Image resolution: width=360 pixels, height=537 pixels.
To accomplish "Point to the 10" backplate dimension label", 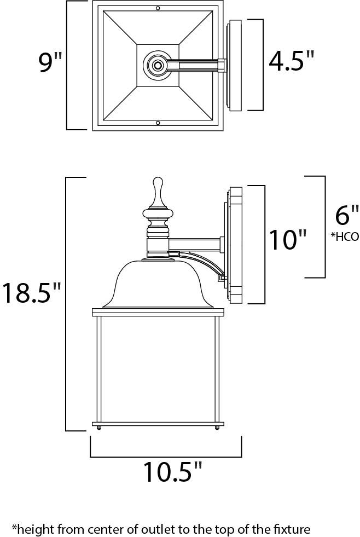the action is tap(287, 239).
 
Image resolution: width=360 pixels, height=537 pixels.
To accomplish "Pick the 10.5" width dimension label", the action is tap(173, 472).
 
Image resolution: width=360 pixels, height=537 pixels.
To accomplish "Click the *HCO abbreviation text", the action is tap(345, 236).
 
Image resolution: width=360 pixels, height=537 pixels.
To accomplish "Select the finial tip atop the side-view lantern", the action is tap(158, 179).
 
